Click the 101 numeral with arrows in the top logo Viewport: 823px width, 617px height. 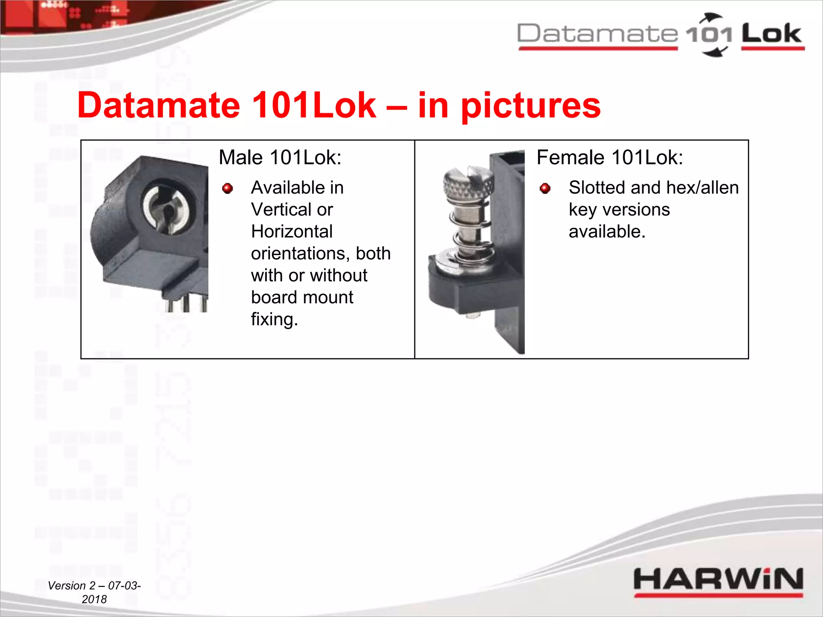[709, 35]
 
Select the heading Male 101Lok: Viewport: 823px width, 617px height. [280, 157]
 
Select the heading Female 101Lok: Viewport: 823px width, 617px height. [610, 157]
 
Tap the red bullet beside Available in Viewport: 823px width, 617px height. [227, 188]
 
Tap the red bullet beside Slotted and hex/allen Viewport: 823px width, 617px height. [545, 188]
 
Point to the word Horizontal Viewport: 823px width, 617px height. [292, 232]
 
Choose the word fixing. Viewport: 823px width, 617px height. [274, 320]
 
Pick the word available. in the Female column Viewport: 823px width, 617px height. [607, 232]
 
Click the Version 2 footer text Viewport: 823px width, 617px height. [94, 592]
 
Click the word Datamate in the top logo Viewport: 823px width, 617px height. [598, 34]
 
